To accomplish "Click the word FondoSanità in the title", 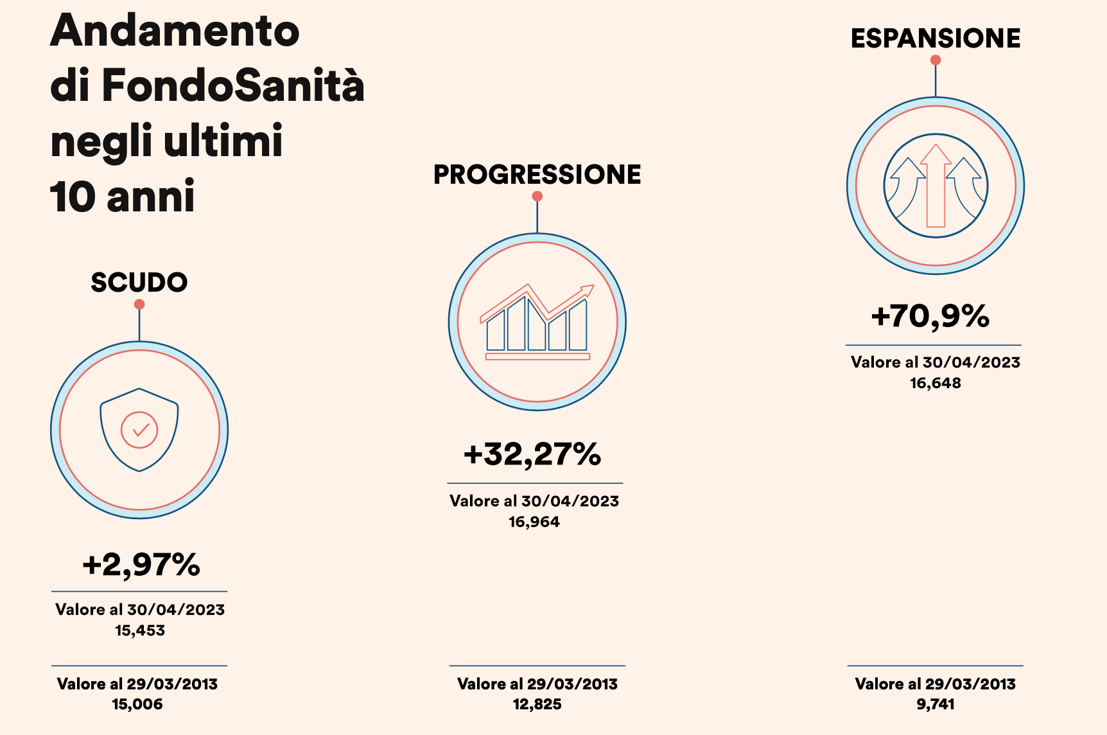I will (233, 85).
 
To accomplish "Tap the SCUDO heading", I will (139, 283).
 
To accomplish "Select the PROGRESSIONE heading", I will (537, 175).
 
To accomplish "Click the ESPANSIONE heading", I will (936, 39).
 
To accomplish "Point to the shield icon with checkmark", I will (139, 430).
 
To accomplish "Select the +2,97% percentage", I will (141, 565).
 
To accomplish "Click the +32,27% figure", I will (532, 454).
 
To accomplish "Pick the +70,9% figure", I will (930, 316).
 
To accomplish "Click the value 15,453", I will (140, 630).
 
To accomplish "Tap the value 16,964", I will (534, 522).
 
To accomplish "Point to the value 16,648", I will (936, 383).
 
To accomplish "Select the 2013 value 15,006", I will (137, 704).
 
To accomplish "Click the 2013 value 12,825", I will (537, 704).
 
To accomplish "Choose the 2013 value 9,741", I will (936, 704).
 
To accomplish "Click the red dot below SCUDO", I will (139, 305).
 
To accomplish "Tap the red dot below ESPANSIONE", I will (936, 60).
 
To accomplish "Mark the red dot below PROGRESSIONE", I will (537, 197).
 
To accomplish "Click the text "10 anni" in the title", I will (123, 197).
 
